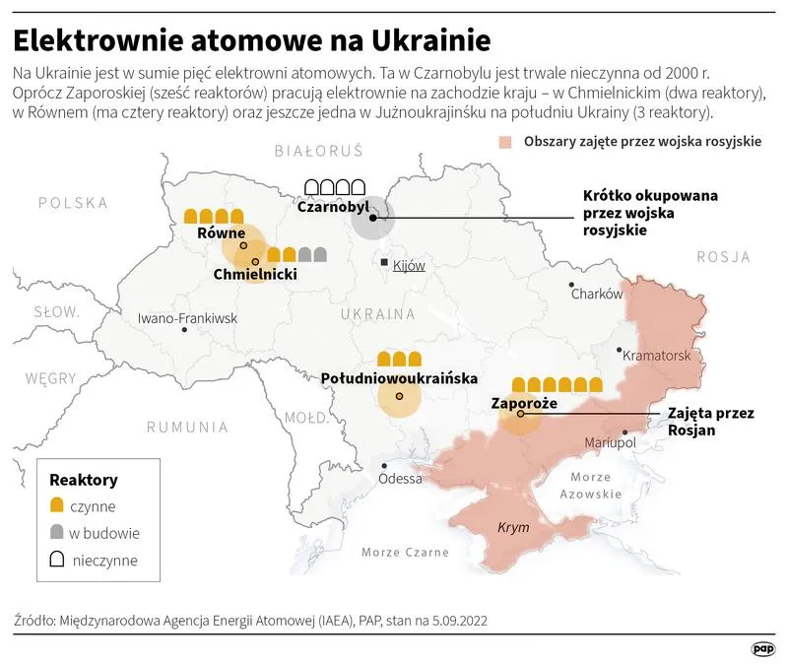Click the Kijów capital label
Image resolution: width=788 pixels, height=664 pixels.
pos(408,266)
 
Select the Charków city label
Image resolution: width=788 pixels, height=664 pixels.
pos(597,294)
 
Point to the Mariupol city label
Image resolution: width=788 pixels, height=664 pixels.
pos(612,443)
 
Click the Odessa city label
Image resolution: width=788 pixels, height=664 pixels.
pos(399,479)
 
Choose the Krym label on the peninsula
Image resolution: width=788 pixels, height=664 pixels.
pos(513,528)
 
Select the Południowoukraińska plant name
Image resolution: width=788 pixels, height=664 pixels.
pos(400,377)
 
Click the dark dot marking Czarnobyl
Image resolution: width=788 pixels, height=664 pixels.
pos(372,220)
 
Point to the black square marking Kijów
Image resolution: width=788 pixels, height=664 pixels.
pos(385,263)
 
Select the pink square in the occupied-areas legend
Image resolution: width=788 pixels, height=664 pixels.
pos(505,141)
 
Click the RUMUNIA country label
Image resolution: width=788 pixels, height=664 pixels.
pos(187,428)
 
